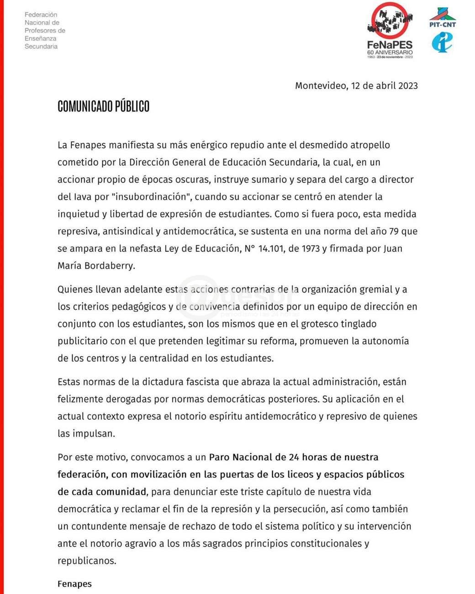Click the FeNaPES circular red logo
[x=390, y=21]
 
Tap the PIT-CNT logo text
[x=442, y=25]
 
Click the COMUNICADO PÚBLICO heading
[x=103, y=106]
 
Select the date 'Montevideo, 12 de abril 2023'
[x=356, y=86]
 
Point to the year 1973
[x=311, y=249]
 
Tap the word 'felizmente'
[x=80, y=399]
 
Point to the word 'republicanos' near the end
[x=86, y=561]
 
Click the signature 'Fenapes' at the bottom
[x=74, y=584]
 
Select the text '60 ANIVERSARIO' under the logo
[x=390, y=53]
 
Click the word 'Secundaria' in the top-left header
[x=41, y=47]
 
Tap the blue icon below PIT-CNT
[x=442, y=42]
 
